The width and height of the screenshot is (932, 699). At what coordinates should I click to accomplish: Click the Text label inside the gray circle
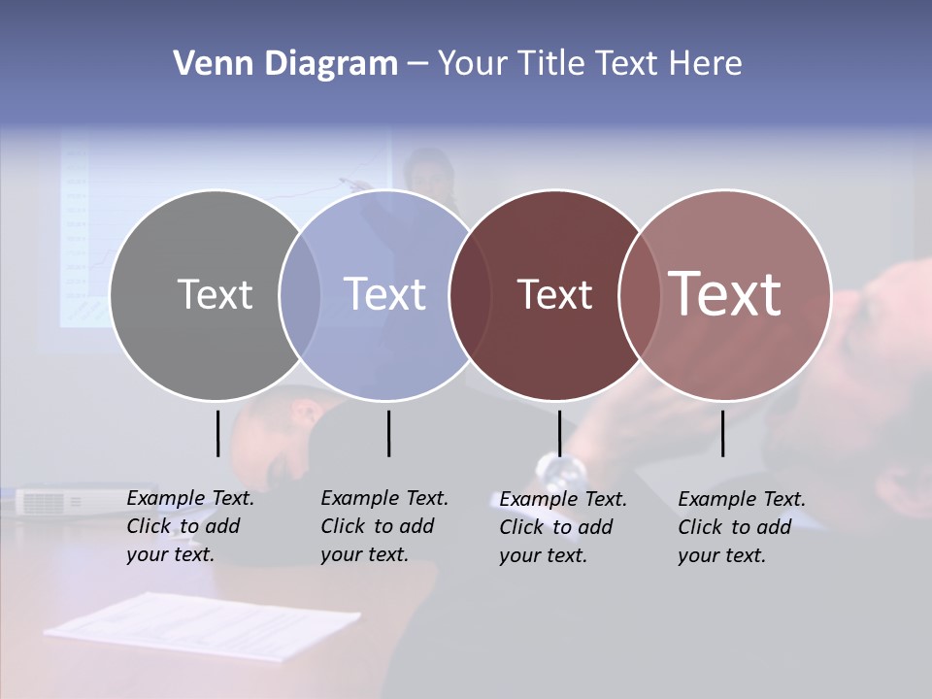(215, 294)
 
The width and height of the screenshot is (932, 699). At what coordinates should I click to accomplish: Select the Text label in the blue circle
(384, 294)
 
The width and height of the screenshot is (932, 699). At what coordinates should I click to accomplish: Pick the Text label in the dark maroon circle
(554, 295)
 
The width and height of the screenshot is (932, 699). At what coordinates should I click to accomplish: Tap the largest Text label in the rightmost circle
(725, 294)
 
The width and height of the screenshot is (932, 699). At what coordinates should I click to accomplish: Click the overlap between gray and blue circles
(300, 295)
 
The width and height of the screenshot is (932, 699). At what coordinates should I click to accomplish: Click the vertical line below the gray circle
(217, 433)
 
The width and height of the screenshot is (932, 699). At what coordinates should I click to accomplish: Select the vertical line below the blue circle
(388, 433)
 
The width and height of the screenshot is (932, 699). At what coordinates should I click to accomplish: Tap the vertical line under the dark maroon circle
(559, 433)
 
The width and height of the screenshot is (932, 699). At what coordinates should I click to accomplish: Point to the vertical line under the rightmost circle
(722, 433)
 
